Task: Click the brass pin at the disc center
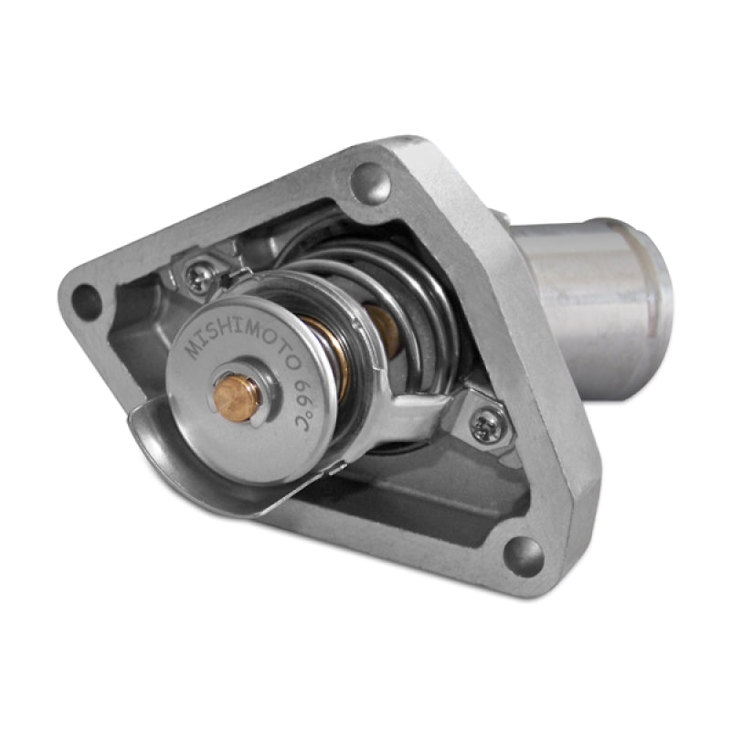coord(237,395)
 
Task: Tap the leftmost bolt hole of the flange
coord(87,302)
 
